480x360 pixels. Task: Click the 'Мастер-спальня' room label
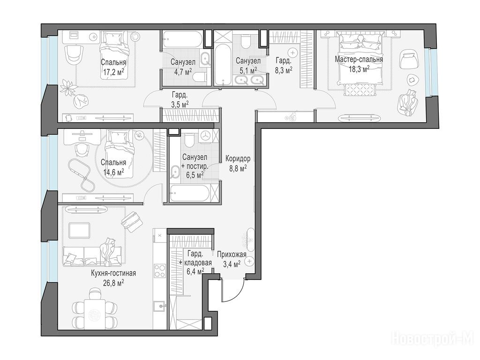click(359, 60)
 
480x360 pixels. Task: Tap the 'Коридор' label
click(238, 158)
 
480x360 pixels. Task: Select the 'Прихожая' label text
click(232, 254)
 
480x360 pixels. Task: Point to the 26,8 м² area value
click(113, 282)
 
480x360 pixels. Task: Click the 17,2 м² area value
click(113, 72)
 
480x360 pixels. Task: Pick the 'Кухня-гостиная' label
click(113, 273)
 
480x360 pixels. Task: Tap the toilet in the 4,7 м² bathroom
click(200, 76)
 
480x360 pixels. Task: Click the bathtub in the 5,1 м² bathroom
click(224, 65)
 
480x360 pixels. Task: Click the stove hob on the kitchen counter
click(160, 270)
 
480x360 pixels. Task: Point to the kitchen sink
click(160, 305)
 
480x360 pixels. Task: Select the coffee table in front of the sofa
click(79, 231)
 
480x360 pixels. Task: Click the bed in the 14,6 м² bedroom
click(119, 153)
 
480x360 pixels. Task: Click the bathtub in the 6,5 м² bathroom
click(190, 193)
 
